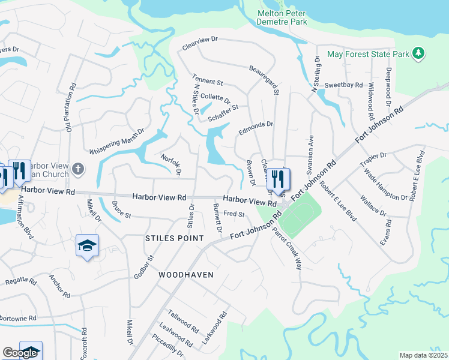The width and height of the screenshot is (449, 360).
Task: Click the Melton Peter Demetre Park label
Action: [282, 17]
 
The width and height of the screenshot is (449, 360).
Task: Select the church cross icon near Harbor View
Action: [79, 169]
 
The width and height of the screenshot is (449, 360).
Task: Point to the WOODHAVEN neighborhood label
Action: [186, 274]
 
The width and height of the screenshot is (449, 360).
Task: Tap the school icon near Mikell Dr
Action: [87, 245]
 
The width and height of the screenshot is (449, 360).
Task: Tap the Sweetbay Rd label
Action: [344, 85]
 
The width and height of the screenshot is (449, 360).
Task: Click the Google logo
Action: [20, 353]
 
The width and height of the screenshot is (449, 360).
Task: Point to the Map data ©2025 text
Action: [423, 355]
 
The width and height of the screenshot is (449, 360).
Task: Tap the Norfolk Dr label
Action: [171, 164]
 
